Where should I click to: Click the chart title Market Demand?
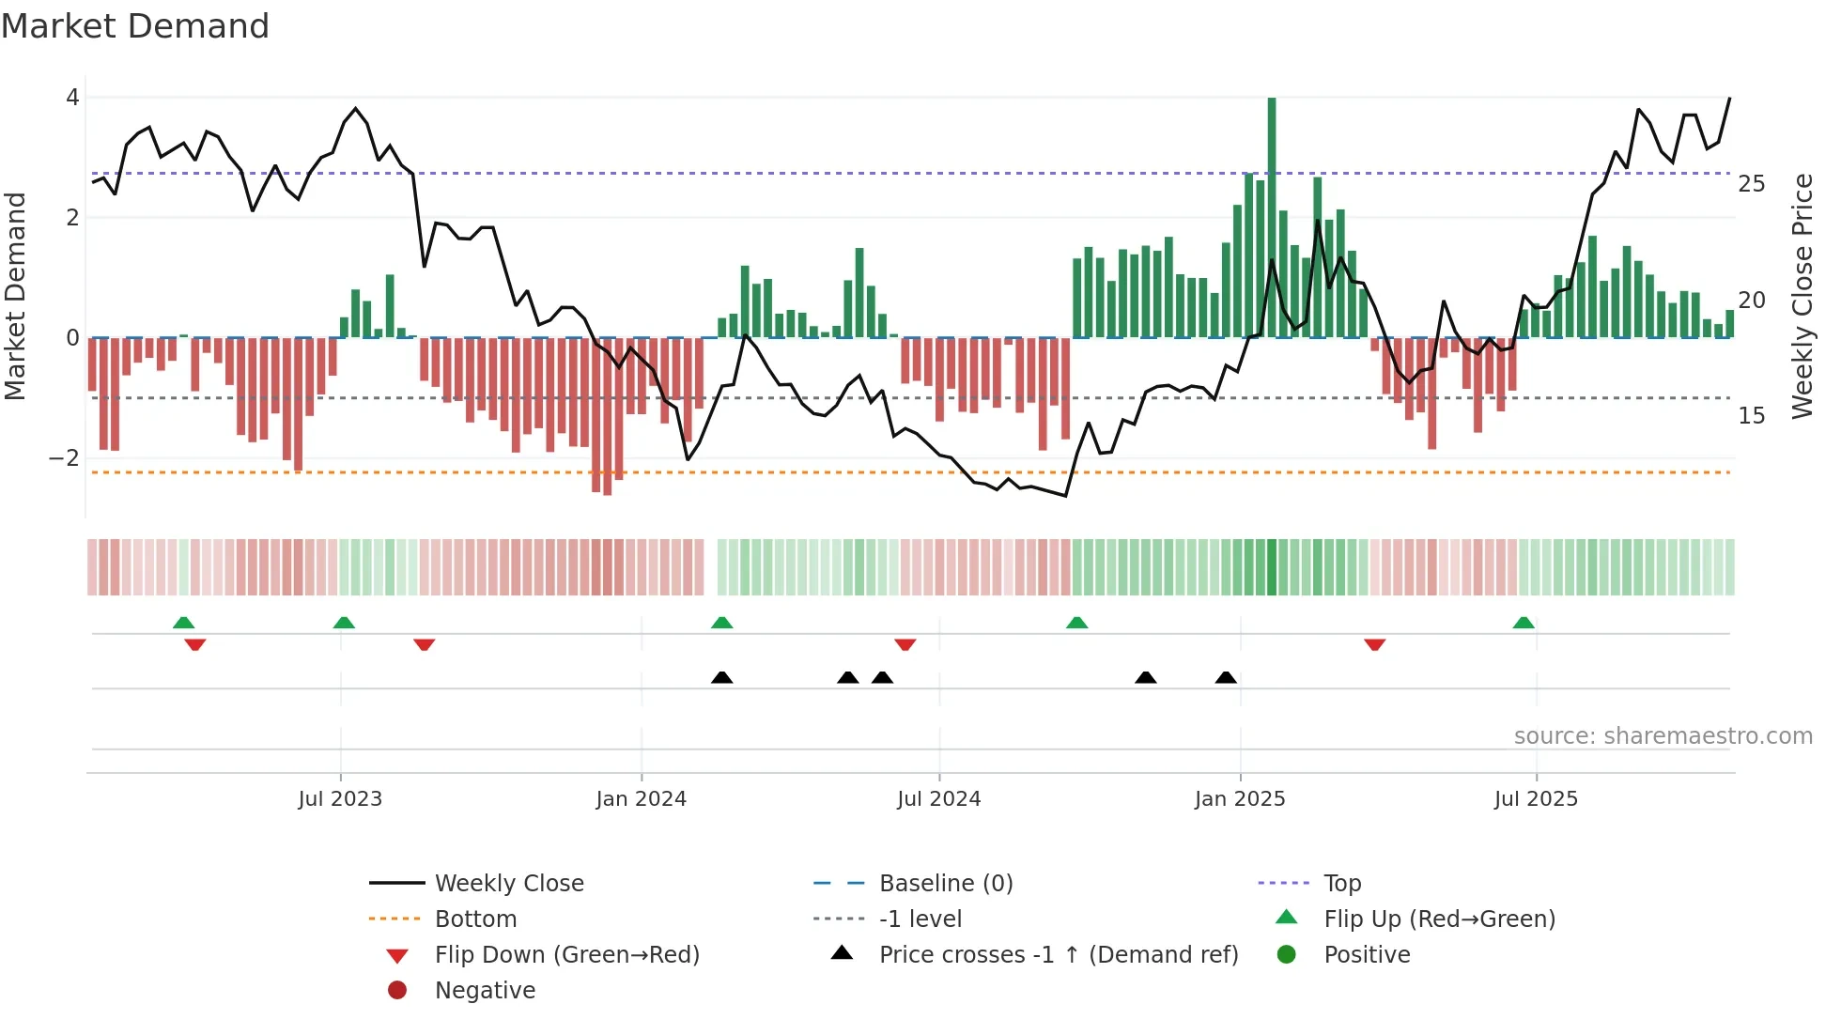(x=135, y=26)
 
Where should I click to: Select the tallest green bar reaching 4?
(x=1272, y=217)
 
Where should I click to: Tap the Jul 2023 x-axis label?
(x=340, y=799)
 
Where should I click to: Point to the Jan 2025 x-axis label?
(x=1240, y=799)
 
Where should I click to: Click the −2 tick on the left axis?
(x=65, y=458)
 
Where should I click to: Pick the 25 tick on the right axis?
(x=1751, y=184)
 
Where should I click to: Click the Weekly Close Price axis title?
(x=1802, y=296)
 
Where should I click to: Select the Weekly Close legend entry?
(x=508, y=884)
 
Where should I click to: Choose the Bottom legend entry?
(x=475, y=919)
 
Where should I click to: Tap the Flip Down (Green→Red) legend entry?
(x=566, y=955)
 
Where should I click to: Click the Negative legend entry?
(x=485, y=991)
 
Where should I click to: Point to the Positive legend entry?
(x=1367, y=955)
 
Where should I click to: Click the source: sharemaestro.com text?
(x=1663, y=736)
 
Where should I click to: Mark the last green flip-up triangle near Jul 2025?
(x=1524, y=624)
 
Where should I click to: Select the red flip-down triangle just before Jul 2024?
(x=905, y=644)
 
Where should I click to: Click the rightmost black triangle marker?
(x=1226, y=678)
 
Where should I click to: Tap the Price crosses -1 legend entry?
(x=1058, y=955)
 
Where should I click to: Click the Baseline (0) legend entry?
(x=945, y=884)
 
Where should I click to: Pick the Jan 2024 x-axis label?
(x=642, y=799)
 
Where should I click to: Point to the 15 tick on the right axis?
(x=1751, y=416)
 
